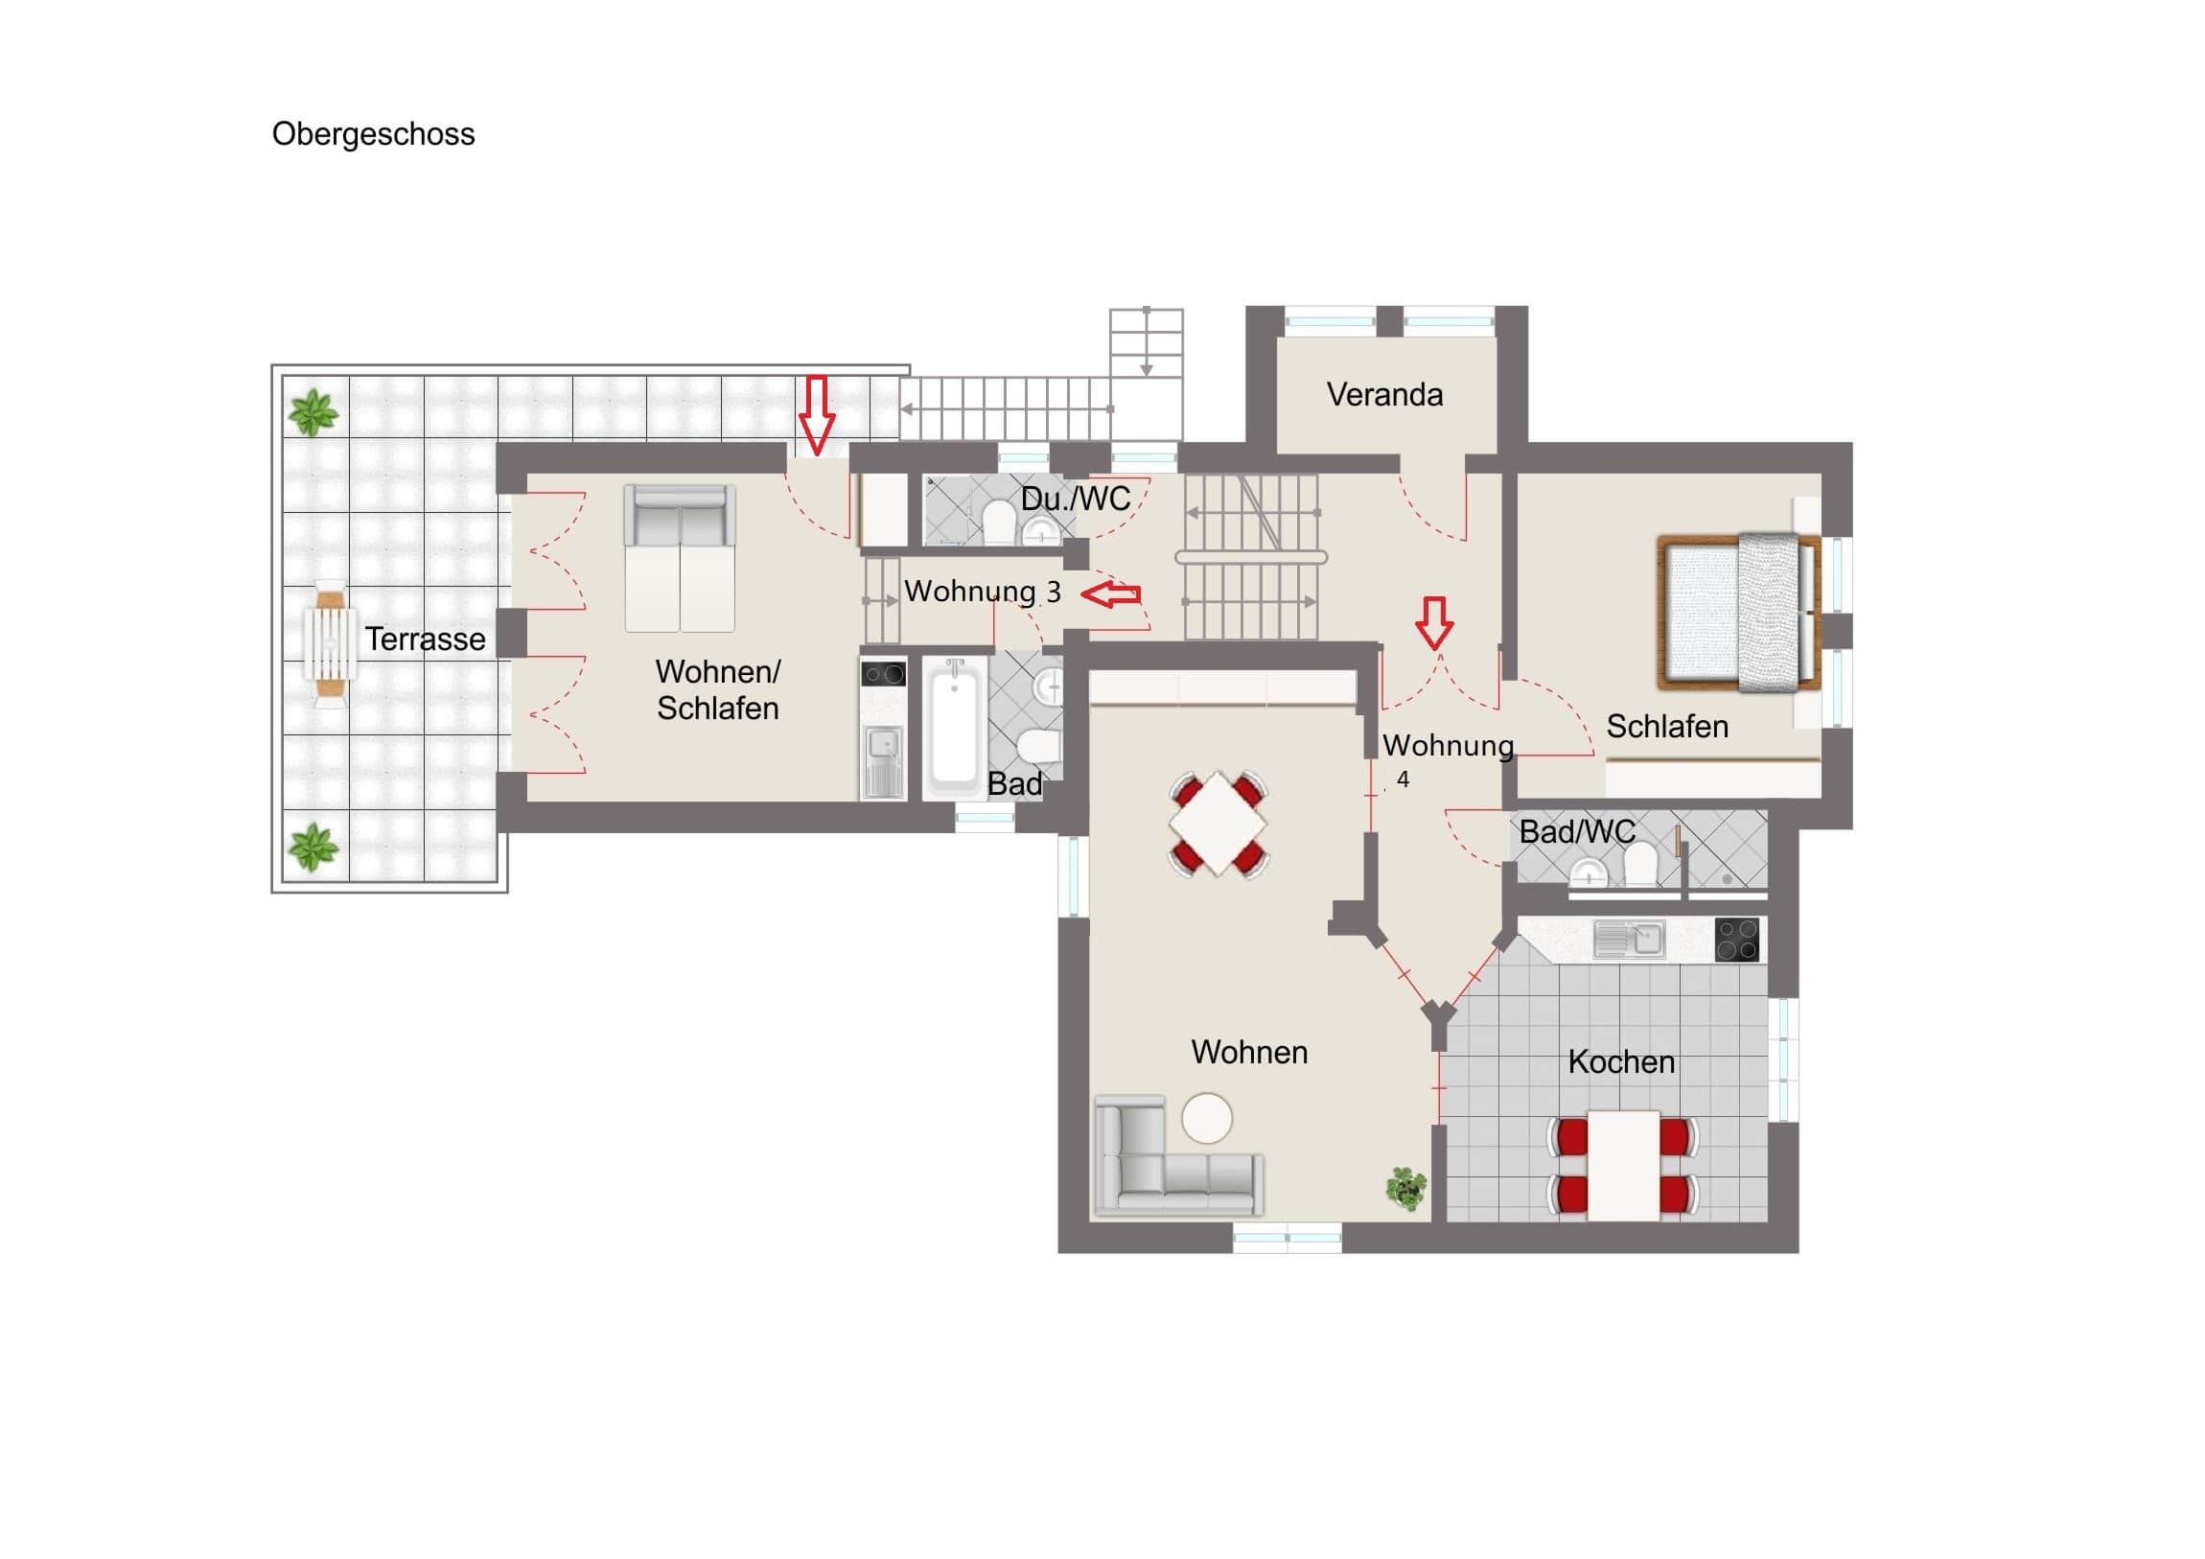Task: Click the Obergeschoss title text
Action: pos(373,134)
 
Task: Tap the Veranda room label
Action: pos(1384,395)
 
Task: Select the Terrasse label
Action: pos(425,639)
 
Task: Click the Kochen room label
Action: pos(1621,1061)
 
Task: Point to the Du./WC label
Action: pos(1076,499)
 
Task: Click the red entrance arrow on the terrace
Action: pos(817,415)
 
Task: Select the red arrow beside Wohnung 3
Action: pos(1111,594)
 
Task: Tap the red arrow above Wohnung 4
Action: pos(1435,622)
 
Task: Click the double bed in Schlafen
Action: pos(1739,613)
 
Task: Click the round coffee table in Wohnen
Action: pos(1206,1118)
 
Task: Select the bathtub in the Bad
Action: pos(954,727)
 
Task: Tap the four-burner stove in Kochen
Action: pos(1736,940)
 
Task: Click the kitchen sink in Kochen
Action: pos(1629,940)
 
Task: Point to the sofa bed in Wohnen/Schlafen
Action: pos(680,558)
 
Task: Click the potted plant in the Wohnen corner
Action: pos(1406,1188)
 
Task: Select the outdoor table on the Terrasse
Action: pos(330,642)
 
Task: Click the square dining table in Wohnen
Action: pos(1218,824)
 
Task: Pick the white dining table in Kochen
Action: pos(1623,1165)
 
